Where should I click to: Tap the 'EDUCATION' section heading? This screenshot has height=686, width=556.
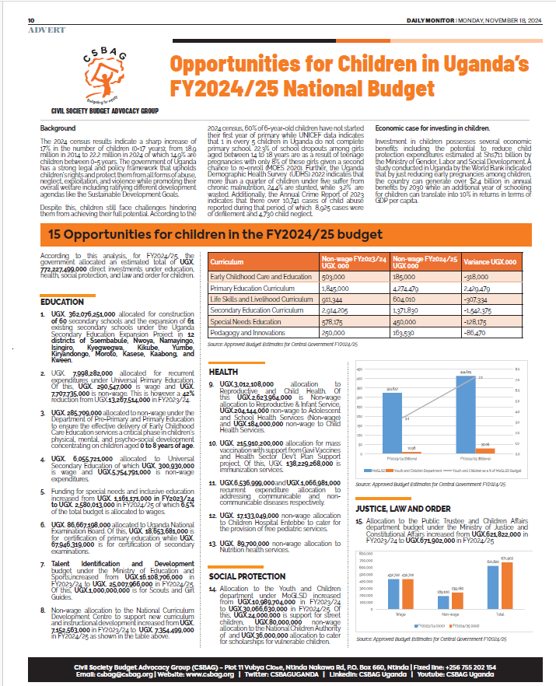click(61, 301)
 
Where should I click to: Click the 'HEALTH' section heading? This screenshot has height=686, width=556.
click(223, 372)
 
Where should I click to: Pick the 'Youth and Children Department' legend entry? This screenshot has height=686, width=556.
click(418, 471)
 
